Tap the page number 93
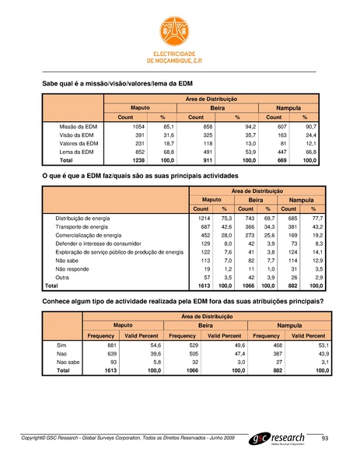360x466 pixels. click(325, 440)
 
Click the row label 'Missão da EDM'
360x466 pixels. click(79, 125)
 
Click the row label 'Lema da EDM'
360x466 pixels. click(77, 152)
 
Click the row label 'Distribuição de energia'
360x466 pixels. click(87, 219)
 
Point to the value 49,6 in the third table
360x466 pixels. click(239, 344)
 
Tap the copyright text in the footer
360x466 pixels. click(132, 440)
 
